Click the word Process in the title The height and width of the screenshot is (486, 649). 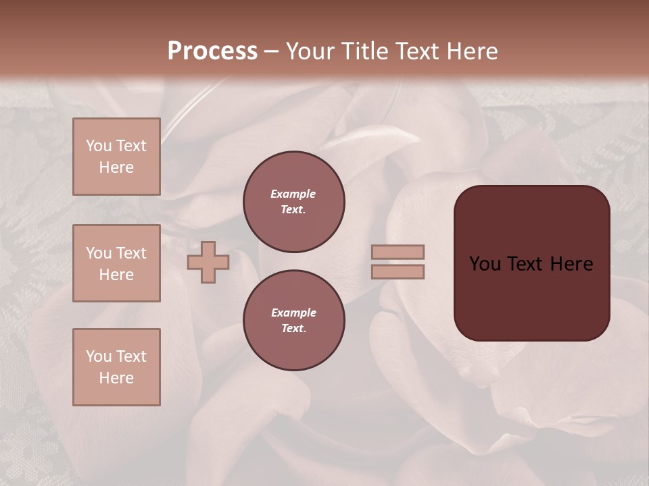click(212, 51)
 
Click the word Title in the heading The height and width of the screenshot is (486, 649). click(364, 51)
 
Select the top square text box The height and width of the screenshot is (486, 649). click(116, 157)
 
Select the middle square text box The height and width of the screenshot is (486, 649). click(116, 263)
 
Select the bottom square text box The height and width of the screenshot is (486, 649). click(116, 367)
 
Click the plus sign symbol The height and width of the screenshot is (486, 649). click(208, 262)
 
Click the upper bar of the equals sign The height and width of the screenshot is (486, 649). click(398, 252)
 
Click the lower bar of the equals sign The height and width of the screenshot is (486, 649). click(398, 271)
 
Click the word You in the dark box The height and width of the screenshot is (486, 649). click(485, 264)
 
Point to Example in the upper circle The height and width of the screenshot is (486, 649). click(293, 194)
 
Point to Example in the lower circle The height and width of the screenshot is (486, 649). click(293, 313)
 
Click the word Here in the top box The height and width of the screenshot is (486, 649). click(116, 167)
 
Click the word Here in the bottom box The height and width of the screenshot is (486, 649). click(116, 378)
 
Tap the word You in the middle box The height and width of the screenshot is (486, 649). click(99, 253)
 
